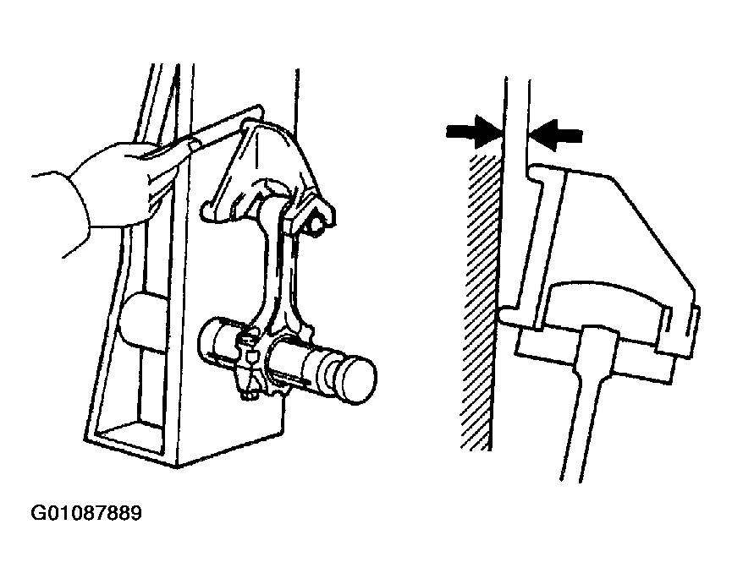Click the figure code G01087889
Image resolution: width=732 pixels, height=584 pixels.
pyautogui.click(x=86, y=513)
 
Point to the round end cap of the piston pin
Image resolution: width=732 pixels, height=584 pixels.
pyautogui.click(x=358, y=379)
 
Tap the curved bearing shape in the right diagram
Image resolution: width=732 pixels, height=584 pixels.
pyautogui.click(x=607, y=303)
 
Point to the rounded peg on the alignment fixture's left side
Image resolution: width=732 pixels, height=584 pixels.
pyautogui.click(x=140, y=322)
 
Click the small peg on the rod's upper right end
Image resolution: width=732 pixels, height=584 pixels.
pyautogui.click(x=317, y=223)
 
